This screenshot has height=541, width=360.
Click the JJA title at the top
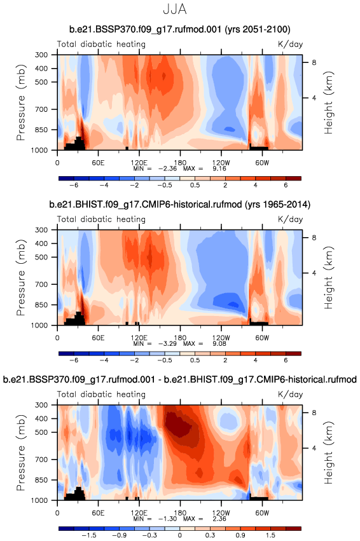click(175, 10)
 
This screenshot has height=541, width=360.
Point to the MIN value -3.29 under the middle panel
click(167, 344)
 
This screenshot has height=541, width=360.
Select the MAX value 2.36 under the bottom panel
click(219, 519)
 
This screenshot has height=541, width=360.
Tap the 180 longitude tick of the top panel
click(180, 163)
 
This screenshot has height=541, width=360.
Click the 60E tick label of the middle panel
click(98, 338)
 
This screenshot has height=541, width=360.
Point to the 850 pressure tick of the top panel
click(41, 130)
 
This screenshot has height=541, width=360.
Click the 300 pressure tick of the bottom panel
click(41, 405)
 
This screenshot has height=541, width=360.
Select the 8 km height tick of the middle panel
click(314, 238)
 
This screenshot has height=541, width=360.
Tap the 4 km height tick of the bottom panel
click(314, 448)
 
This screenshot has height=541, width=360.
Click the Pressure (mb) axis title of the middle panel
click(21, 277)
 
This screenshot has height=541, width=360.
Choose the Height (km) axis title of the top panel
click(329, 102)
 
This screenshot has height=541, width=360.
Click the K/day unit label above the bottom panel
click(290, 394)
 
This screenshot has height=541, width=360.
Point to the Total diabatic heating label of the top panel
click(101, 44)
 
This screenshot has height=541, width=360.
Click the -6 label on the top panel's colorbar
click(74, 185)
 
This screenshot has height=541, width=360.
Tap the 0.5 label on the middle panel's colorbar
click(195, 360)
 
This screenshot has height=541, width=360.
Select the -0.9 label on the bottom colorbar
click(120, 535)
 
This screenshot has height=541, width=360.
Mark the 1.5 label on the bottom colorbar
click(270, 535)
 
